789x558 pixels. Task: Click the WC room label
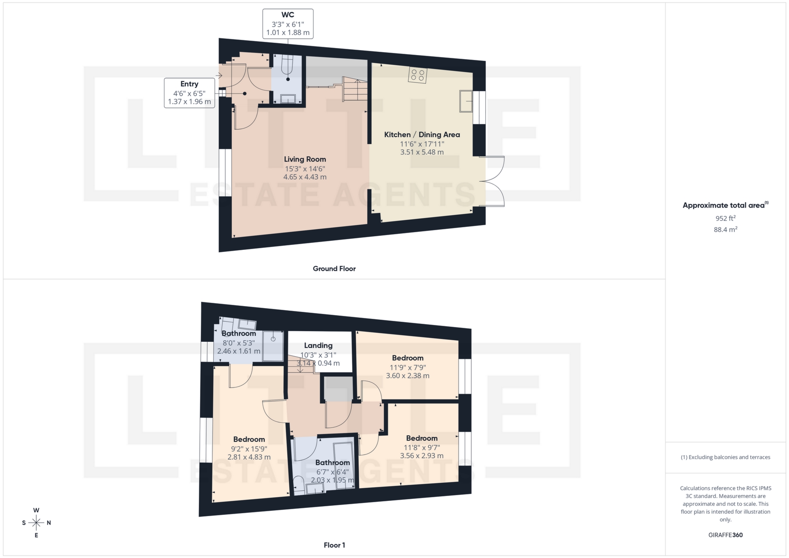coord(288,15)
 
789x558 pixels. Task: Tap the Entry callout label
coord(189,84)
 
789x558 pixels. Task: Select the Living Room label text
coord(305,159)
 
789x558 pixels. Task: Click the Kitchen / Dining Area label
coord(422,135)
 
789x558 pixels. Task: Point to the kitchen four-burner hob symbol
coord(418,75)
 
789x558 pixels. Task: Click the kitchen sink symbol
coord(466,101)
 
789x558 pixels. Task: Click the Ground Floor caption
coord(334,269)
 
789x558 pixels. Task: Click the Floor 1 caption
coord(334,545)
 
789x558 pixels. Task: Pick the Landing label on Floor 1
coord(318,346)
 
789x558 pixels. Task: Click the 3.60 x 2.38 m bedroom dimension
coord(407,376)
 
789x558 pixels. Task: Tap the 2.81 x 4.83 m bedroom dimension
coord(249,457)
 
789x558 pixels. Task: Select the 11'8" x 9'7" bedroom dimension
coord(422,447)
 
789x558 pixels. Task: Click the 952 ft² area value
coord(725,218)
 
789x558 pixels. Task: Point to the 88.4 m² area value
coord(725,230)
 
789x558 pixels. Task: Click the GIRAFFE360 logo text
coord(725,535)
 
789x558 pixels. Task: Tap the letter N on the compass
coord(49,523)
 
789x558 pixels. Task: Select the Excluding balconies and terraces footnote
coord(725,457)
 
